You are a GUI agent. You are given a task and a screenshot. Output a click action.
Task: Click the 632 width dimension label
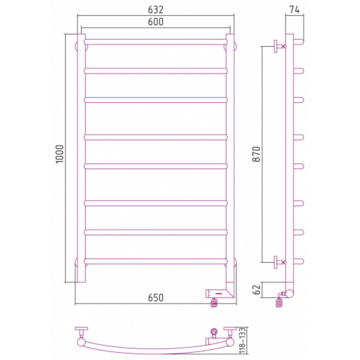click(x=155, y=9)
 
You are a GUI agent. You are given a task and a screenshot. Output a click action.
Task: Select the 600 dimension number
click(x=155, y=22)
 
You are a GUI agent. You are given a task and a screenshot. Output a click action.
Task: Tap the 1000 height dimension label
click(x=59, y=154)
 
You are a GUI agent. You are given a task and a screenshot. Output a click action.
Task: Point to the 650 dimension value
click(x=155, y=297)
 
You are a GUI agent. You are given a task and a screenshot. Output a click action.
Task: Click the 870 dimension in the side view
click(x=256, y=154)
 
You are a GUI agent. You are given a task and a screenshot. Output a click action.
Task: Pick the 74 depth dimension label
click(x=294, y=9)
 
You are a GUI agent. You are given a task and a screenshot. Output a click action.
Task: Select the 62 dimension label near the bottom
click(x=256, y=290)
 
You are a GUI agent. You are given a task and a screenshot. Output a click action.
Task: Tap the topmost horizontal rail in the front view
click(x=156, y=42)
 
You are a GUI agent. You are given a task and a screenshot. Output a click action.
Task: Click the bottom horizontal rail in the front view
click(x=156, y=261)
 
